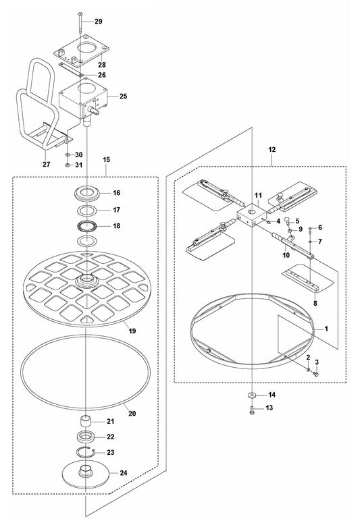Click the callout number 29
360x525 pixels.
point(98,22)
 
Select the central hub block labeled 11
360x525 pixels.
point(251,217)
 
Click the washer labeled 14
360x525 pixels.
point(251,394)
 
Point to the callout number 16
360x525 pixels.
point(116,192)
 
